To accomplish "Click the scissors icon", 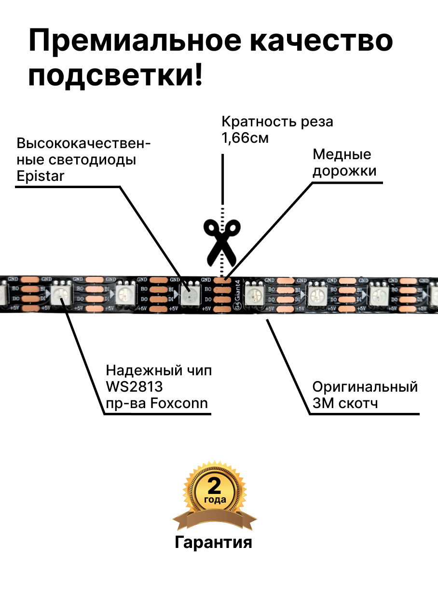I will tap(221, 242).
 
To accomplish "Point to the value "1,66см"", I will tap(245, 138).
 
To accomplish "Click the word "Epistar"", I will tap(40, 176).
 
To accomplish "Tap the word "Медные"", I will tap(342, 154).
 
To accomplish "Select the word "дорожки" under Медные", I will tap(344, 171).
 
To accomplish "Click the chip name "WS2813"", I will tap(134, 387).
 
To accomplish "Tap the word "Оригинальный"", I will tap(365, 387).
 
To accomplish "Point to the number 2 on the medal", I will tap(214, 485).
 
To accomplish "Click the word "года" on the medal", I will tap(215, 499).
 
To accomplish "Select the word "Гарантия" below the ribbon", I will tap(213, 542).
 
